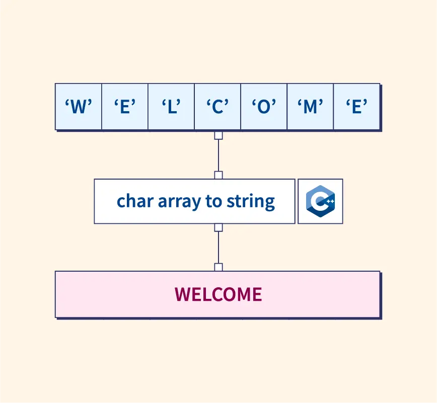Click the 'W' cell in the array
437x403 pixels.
pos(78,107)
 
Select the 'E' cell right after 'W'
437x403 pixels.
pos(125,107)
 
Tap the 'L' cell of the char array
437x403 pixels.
pos(171,107)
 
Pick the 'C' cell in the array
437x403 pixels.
pos(217,107)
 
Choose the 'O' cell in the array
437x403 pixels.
pos(264,107)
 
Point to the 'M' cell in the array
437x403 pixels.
pos(310,107)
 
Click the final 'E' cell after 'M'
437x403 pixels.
pos(356,107)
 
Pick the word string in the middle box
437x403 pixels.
pos(253,201)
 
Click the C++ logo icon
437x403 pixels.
pos(320,201)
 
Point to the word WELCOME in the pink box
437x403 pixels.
pos(218,294)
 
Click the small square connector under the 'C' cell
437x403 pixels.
pos(218,135)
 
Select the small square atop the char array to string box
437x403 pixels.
pos(218,175)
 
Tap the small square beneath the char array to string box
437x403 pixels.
pos(218,227)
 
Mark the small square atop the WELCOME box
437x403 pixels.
pos(218,267)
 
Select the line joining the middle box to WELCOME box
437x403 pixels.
pos(218,248)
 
